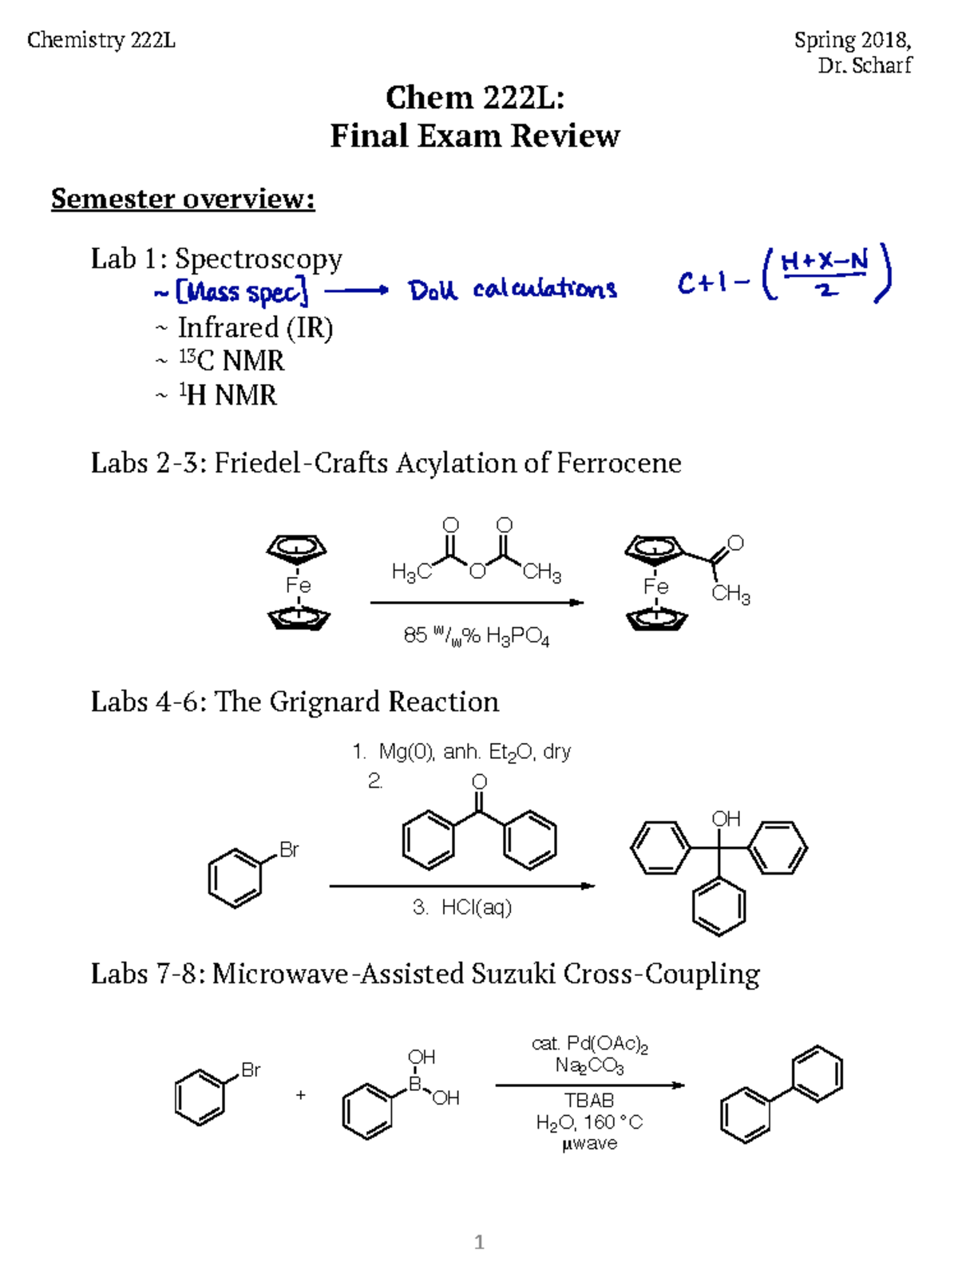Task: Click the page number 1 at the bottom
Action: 479,1242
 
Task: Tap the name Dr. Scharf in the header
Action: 865,65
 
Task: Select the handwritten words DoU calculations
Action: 513,289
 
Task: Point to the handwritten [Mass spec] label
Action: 242,292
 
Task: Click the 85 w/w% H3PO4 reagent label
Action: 476,636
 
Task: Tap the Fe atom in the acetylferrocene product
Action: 655,587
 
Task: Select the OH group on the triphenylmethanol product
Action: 726,819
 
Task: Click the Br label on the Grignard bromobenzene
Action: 289,850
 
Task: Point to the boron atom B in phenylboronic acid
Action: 415,1084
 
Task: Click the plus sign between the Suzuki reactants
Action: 300,1095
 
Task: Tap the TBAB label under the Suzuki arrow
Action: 589,1101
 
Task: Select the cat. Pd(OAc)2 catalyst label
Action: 589,1044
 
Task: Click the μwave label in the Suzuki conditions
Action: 589,1144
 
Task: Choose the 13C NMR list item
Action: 231,362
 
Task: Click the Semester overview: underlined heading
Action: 183,199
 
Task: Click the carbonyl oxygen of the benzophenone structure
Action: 479,781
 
